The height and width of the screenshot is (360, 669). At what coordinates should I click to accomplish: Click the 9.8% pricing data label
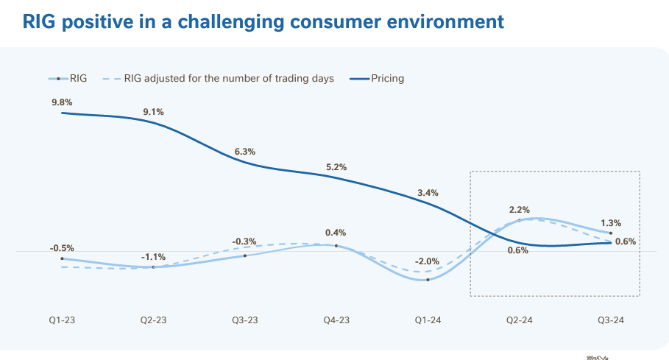pos(62,102)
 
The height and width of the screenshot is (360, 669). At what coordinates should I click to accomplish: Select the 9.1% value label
pos(154,112)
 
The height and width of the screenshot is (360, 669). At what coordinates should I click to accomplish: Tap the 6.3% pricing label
pos(245,152)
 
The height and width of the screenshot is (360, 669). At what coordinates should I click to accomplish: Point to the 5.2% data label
pos(336,167)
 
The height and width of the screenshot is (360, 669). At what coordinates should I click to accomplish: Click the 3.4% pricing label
pos(428,193)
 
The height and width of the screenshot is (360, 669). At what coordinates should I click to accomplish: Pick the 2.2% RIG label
pos(519,210)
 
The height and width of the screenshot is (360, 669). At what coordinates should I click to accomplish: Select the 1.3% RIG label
pos(611,222)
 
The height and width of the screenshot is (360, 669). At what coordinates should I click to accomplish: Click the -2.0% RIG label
pos(428,261)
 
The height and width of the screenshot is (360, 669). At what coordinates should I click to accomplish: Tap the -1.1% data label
pos(154,257)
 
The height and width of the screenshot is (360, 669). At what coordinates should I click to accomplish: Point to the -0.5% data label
pos(62,248)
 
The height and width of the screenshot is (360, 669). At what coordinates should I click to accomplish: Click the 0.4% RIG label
pos(336,233)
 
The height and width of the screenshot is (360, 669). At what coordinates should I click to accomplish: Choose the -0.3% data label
pos(245,241)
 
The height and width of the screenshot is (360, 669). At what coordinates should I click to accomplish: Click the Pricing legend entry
pos(387,78)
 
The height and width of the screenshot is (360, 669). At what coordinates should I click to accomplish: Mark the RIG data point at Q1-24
pos(428,280)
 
